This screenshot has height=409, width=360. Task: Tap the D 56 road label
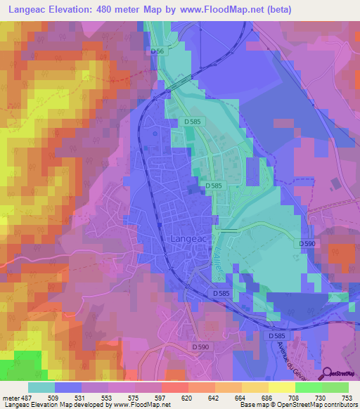157,51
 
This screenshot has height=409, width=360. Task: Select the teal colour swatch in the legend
41,387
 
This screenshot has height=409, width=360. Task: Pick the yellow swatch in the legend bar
281,387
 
